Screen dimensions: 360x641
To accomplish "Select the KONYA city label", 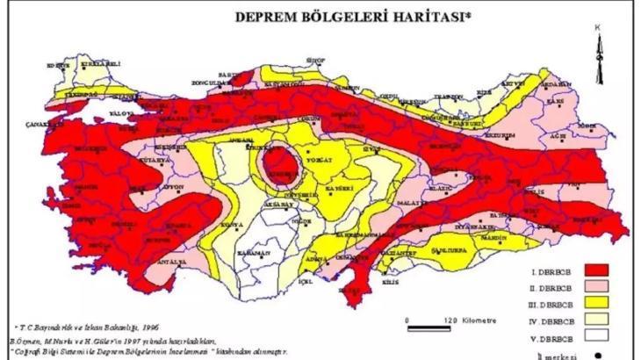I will [x=231, y=225].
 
